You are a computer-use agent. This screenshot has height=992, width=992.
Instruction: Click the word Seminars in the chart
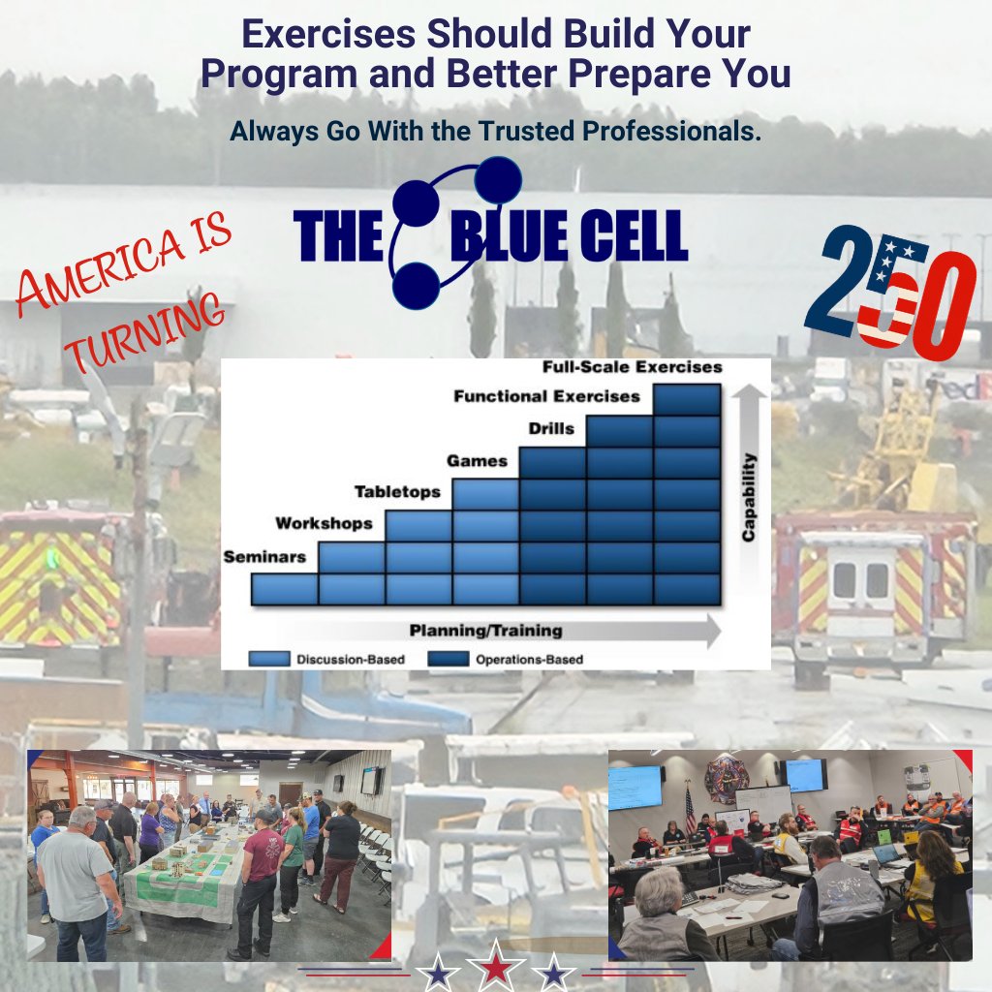tap(264, 557)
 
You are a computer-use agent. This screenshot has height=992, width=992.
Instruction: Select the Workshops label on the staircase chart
tap(324, 523)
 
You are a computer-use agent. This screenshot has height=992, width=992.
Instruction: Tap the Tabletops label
tap(397, 491)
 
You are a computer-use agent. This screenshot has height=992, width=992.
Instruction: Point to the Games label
tap(477, 460)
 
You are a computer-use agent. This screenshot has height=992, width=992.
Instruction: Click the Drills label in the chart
tap(551, 428)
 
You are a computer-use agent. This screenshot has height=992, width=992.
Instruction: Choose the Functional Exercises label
tap(546, 396)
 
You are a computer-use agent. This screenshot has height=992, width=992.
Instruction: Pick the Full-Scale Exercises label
tap(632, 367)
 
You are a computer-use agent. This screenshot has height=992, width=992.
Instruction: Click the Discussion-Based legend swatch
tap(269, 659)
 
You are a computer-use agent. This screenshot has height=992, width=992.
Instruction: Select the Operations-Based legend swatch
tap(448, 659)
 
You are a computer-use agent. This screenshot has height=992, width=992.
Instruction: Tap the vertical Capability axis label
tap(749, 497)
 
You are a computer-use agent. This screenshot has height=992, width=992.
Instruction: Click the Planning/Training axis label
tap(486, 630)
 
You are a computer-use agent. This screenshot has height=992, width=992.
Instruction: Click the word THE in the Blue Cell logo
tap(339, 236)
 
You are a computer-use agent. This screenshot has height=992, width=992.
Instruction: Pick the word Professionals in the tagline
tap(672, 131)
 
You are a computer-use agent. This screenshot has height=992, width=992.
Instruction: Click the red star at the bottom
tap(496, 968)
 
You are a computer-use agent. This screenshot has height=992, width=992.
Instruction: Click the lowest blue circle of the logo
tap(416, 286)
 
